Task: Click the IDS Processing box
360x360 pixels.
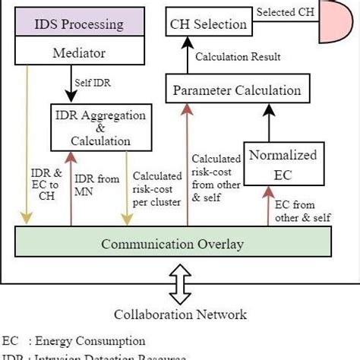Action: click(x=77, y=24)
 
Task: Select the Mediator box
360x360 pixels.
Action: click(x=77, y=53)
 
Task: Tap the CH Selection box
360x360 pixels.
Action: click(x=208, y=24)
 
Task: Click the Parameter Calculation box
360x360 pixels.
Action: click(x=237, y=90)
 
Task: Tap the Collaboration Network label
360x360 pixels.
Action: click(x=179, y=314)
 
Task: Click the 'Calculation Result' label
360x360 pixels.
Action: click(x=238, y=57)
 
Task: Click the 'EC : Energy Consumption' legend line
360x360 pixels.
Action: click(x=73, y=341)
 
